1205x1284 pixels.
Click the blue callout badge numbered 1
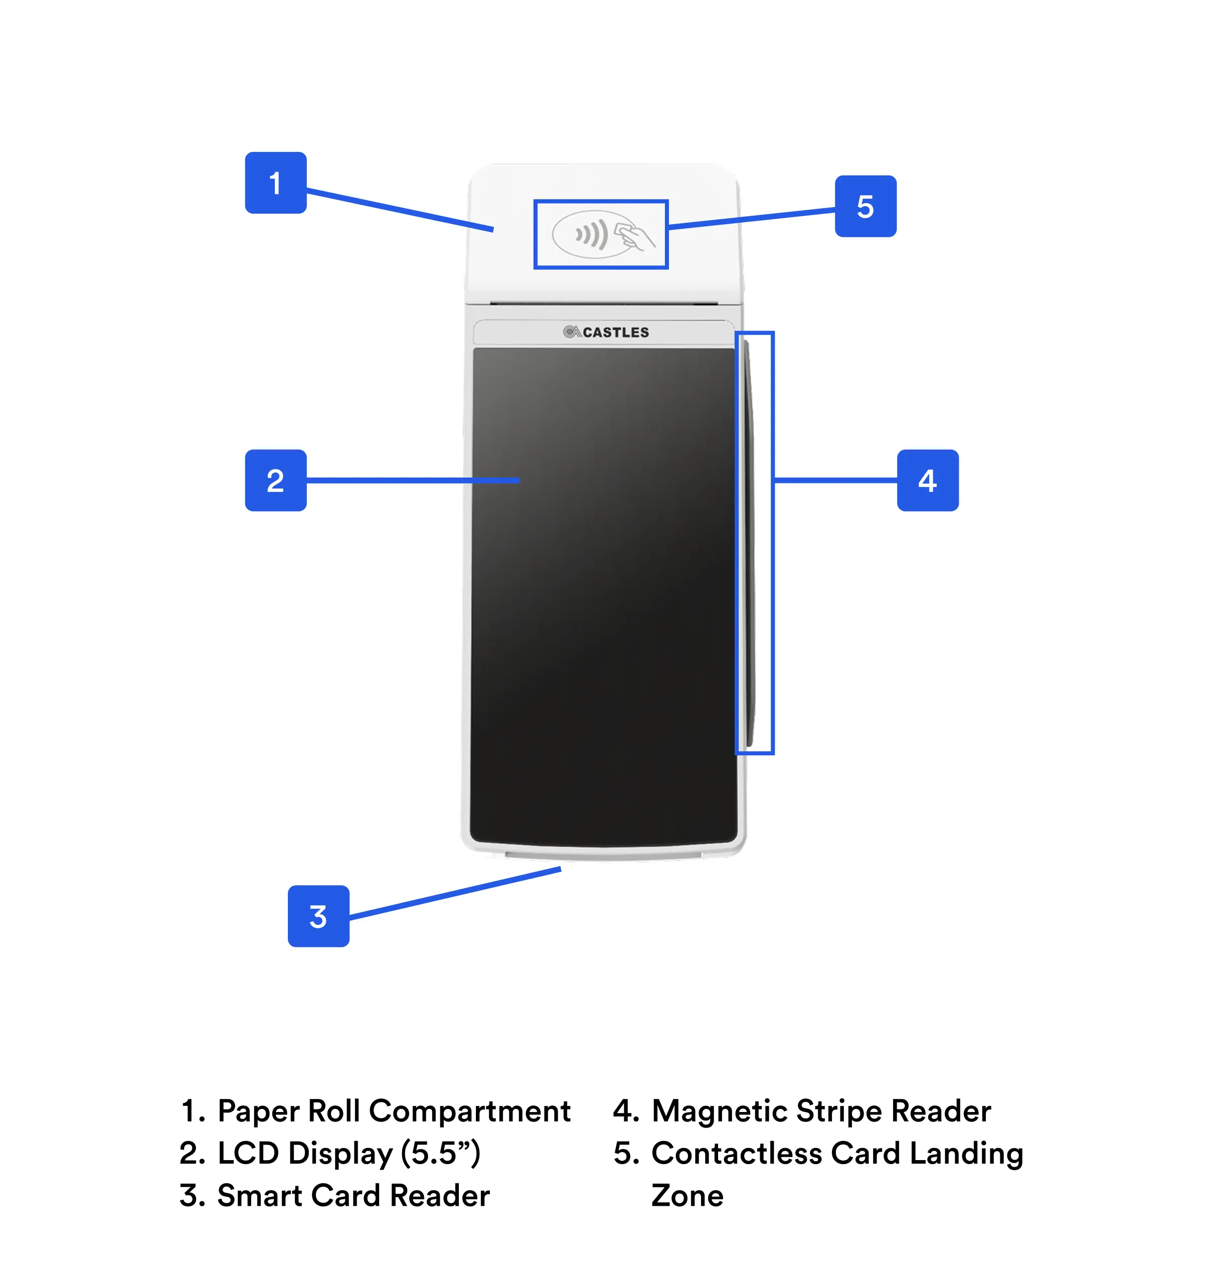coord(275,183)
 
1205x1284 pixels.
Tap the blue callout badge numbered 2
coord(275,480)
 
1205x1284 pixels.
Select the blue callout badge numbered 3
coord(318,916)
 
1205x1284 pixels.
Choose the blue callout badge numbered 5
coord(866,206)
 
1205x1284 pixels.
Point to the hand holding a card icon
coord(634,236)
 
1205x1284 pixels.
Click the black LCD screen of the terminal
coord(604,594)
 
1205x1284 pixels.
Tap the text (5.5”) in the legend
coord(440,1154)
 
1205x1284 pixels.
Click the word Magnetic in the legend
coord(720,1111)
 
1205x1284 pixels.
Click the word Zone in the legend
coord(687,1196)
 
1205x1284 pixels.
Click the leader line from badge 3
coord(455,894)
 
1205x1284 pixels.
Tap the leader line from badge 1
coord(400,209)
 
